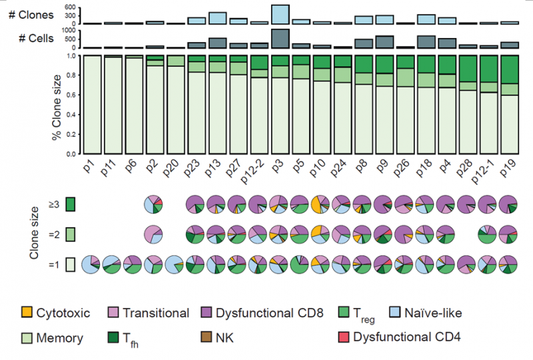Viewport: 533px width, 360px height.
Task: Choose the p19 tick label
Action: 509,167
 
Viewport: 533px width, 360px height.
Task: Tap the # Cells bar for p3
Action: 280,39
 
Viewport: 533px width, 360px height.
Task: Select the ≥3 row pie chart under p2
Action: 155,204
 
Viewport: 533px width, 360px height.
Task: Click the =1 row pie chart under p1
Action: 91,265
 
